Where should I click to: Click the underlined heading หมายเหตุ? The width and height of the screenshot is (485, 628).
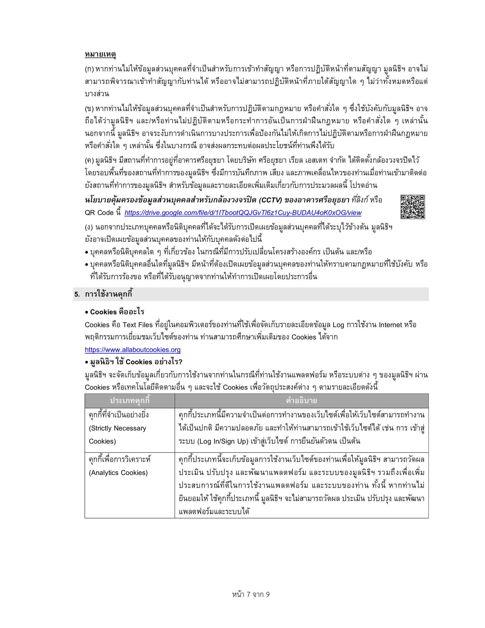(100, 54)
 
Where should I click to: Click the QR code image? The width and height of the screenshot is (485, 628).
(413, 207)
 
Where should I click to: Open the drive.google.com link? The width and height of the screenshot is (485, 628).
(243, 213)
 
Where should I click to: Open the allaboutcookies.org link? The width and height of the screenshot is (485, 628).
(132, 350)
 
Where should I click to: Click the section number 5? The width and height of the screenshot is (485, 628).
(77, 294)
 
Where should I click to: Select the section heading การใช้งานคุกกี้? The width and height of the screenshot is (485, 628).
(109, 294)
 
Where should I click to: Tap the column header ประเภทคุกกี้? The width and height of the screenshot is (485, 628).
(130, 400)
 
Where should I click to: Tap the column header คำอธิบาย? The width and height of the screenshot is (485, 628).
(301, 400)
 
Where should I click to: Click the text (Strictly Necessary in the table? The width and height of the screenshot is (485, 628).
(117, 428)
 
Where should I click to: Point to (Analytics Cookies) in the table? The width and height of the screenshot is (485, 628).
(118, 473)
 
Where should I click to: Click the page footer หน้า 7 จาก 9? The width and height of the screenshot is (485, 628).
(251, 594)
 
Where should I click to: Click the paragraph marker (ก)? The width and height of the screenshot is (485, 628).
(89, 69)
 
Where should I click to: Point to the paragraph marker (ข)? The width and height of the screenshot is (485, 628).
(89, 109)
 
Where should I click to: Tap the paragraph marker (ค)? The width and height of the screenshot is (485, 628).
(89, 160)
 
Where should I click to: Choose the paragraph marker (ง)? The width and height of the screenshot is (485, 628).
(89, 228)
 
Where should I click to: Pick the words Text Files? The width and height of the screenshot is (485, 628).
(137, 325)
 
